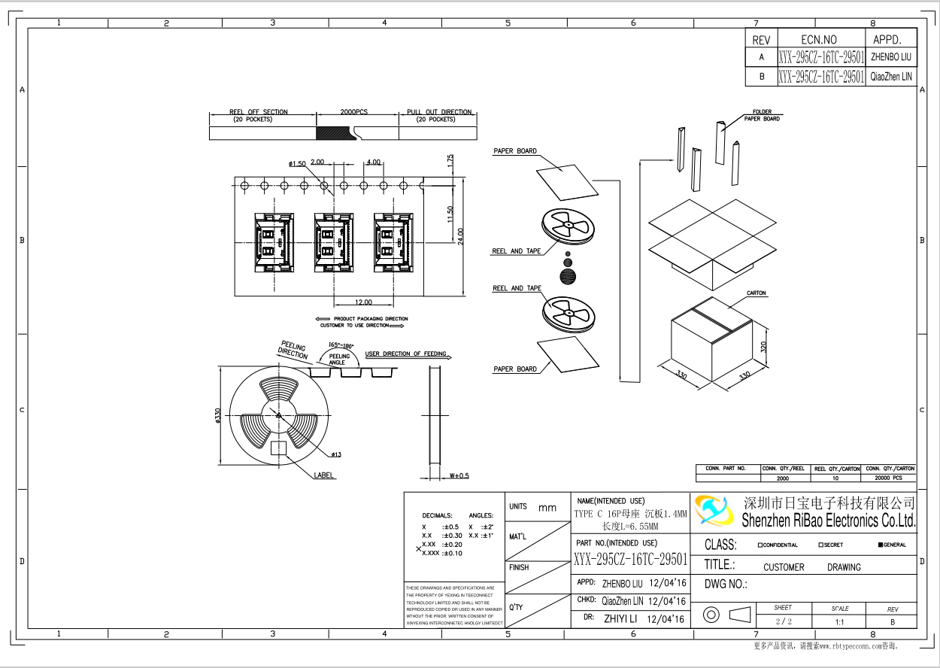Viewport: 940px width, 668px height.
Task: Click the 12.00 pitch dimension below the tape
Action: pyautogui.click(x=363, y=302)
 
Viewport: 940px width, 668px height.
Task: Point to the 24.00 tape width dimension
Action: pyautogui.click(x=461, y=235)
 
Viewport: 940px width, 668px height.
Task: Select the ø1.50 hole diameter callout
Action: pyautogui.click(x=297, y=164)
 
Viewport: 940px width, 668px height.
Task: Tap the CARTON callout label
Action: pyautogui.click(x=756, y=293)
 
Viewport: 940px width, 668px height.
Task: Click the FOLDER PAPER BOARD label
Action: pyautogui.click(x=762, y=115)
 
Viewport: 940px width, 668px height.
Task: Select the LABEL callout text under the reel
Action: pyautogui.click(x=325, y=475)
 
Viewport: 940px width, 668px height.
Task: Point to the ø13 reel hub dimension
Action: pyautogui.click(x=335, y=454)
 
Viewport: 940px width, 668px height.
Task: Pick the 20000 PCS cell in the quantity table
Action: pyautogui.click(x=890, y=478)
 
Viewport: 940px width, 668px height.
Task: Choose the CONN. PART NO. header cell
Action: pyautogui.click(x=726, y=469)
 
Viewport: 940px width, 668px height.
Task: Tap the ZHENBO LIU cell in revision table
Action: pyautogui.click(x=891, y=56)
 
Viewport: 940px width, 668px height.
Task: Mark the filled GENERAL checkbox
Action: pyautogui.click(x=881, y=545)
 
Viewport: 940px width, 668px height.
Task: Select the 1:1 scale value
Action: pyautogui.click(x=839, y=622)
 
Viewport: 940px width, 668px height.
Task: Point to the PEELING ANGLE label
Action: pyautogui.click(x=339, y=359)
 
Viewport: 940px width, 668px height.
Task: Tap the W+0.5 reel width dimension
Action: pyautogui.click(x=458, y=475)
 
